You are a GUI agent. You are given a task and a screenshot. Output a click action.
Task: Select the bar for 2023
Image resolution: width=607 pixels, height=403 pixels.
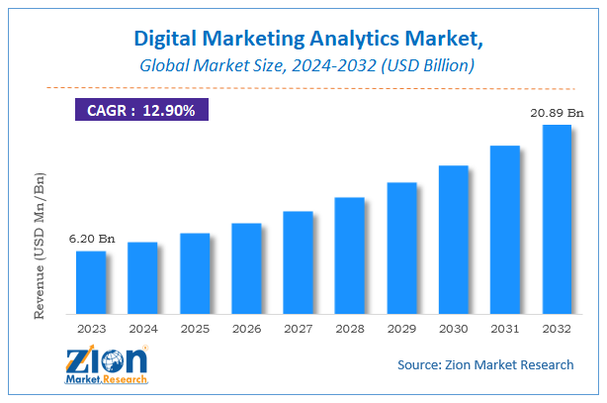click(90, 281)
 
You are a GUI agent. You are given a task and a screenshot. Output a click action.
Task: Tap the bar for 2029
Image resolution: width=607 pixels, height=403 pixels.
click(401, 247)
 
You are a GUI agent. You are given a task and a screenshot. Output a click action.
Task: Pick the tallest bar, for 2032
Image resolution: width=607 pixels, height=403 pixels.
click(557, 218)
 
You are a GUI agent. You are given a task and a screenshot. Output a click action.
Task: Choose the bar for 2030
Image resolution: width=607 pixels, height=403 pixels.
click(453, 239)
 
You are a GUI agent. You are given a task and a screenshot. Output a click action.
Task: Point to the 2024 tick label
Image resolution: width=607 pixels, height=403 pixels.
click(142, 327)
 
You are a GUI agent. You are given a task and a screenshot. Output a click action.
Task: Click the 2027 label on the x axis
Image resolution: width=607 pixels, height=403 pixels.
click(298, 327)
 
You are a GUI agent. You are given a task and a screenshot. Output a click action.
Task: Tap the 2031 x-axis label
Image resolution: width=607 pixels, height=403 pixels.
click(504, 327)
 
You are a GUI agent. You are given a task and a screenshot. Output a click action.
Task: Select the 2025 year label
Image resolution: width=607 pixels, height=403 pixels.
click(194, 327)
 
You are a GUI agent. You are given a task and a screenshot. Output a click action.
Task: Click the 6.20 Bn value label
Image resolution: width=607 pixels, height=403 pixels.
click(90, 240)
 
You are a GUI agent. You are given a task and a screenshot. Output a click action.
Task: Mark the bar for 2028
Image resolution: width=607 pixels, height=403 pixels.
click(350, 254)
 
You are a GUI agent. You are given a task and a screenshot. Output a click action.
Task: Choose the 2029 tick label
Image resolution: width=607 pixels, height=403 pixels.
click(401, 327)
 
